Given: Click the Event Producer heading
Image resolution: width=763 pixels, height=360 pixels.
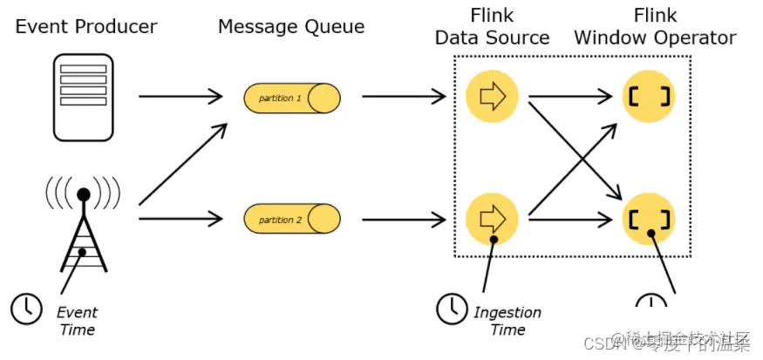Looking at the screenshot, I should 86,26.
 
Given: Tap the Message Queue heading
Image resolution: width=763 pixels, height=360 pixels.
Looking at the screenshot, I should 291,26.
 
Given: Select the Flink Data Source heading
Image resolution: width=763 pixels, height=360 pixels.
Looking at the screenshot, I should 492,27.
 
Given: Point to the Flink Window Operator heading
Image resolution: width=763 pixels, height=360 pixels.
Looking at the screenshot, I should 655,27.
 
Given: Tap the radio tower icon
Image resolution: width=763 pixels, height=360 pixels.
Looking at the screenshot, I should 84,222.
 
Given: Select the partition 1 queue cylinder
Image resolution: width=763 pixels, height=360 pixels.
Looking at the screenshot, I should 291,98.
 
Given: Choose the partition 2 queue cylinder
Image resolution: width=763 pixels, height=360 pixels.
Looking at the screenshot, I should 291,218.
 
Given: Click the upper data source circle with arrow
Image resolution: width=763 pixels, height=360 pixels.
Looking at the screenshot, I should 493,96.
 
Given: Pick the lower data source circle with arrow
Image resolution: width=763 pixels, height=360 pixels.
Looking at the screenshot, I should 493,218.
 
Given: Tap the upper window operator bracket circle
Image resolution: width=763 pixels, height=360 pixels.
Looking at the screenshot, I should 650,96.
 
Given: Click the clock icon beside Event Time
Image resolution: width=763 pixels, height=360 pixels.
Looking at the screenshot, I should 26,308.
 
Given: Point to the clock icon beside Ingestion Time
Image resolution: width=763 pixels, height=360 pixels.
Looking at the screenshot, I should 451,308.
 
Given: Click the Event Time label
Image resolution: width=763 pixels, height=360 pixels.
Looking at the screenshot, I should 78,320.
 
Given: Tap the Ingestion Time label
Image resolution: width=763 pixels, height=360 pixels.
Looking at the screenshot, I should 508,320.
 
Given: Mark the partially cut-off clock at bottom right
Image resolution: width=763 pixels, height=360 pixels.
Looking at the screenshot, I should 651,302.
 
